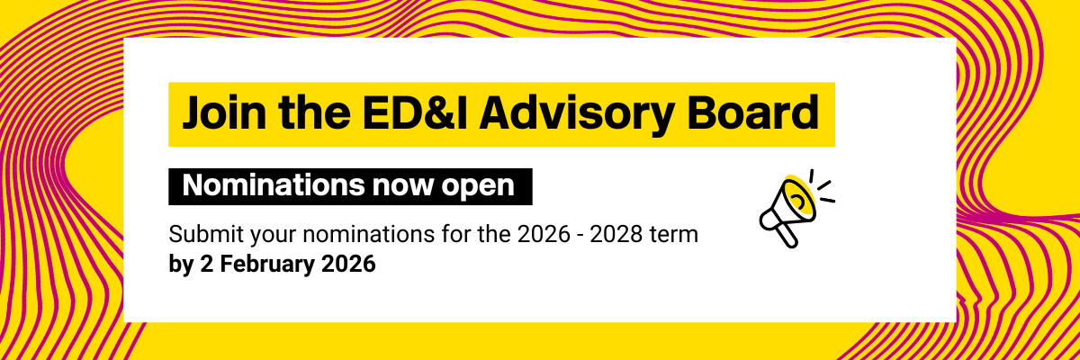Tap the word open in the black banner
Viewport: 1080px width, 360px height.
(479, 186)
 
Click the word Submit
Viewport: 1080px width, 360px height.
(200, 236)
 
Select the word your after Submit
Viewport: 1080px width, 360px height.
(265, 236)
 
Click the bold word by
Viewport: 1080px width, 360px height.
(180, 265)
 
